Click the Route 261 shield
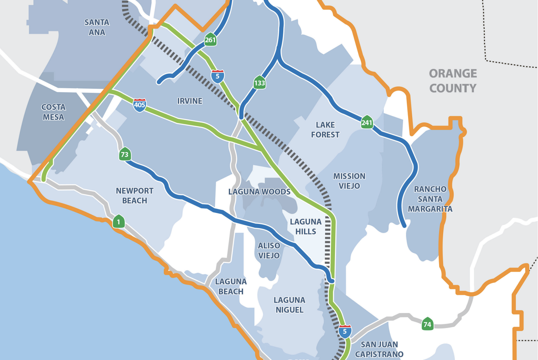tap(210, 40)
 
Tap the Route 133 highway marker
tap(259, 83)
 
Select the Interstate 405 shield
tap(139, 105)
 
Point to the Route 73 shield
tap(125, 154)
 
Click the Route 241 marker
tap(367, 122)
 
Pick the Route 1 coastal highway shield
tap(118, 222)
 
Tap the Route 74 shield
tap(427, 324)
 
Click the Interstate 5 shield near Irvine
tap(218, 76)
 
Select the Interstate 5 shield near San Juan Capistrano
tap(345, 331)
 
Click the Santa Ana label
tap(97, 27)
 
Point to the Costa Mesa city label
tap(53, 112)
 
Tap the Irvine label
tap(190, 101)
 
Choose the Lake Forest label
tap(325, 130)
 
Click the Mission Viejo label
tap(349, 181)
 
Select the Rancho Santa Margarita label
tap(430, 199)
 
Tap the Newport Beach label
tap(135, 196)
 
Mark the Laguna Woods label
tap(259, 192)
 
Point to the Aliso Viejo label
tap(269, 250)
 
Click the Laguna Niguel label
tap(289, 305)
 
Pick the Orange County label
tap(453, 81)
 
